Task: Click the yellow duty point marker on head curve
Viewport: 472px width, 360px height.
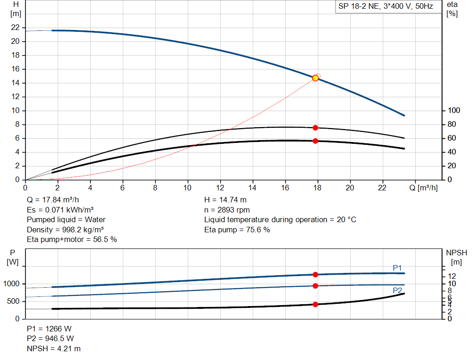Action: click(315, 78)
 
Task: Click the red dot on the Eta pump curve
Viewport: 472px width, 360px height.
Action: click(315, 128)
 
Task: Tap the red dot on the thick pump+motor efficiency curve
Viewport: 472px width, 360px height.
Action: click(315, 141)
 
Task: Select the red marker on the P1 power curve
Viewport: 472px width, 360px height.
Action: click(315, 275)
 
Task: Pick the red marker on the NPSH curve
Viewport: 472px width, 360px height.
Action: click(315, 304)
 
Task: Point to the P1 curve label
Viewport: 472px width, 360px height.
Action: click(397, 268)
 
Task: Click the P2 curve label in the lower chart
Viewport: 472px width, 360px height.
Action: click(397, 290)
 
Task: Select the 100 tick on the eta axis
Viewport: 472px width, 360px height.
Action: click(454, 111)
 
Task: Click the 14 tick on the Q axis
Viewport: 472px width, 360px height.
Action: click(253, 188)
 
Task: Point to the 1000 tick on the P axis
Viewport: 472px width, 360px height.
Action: click(12, 284)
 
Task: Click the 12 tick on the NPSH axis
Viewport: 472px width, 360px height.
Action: click(454, 276)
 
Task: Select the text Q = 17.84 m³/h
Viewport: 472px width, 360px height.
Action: click(53, 200)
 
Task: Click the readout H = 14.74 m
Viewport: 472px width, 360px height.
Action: click(225, 200)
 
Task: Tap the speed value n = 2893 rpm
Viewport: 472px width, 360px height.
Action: click(227, 210)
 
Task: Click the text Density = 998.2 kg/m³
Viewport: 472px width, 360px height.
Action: click(65, 230)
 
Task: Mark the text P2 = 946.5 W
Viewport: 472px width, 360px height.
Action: click(50, 339)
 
